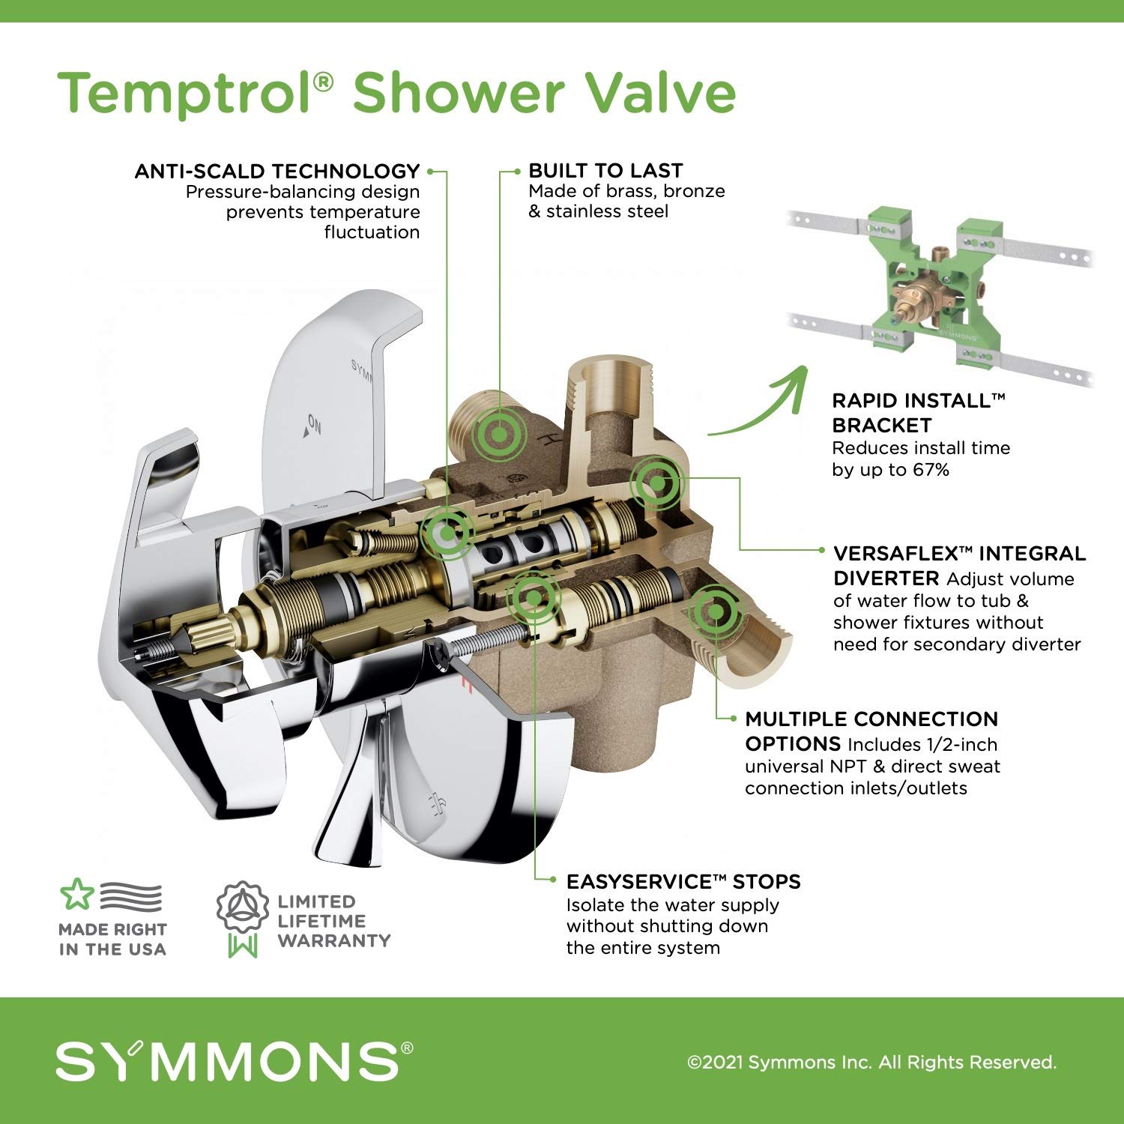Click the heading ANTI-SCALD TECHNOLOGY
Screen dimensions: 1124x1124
click(x=277, y=172)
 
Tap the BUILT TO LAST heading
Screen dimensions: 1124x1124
click(x=605, y=171)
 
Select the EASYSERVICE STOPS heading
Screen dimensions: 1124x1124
click(x=683, y=881)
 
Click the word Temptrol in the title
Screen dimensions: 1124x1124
click(x=187, y=92)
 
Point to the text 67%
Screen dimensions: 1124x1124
click(x=931, y=470)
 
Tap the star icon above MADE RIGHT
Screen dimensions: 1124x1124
click(x=76, y=895)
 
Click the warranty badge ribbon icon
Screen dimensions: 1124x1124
click(x=243, y=919)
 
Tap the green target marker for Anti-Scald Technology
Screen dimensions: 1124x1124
click(x=447, y=533)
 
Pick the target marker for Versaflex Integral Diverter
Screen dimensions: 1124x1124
click(x=656, y=483)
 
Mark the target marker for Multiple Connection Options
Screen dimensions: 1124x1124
click(x=715, y=611)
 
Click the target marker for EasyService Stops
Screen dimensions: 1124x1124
click(x=533, y=596)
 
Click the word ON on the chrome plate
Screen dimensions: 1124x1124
click(x=314, y=426)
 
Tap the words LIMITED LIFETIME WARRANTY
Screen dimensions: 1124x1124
click(x=333, y=921)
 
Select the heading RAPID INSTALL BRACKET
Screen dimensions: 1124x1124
click(x=917, y=412)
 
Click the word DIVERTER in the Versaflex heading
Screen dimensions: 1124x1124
click(x=886, y=578)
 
